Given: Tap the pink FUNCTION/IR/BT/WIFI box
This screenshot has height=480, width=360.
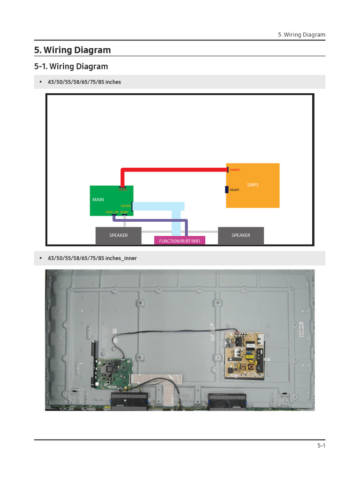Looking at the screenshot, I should pos(180,240).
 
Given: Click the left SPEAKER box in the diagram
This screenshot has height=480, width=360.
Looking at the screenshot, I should pos(118,235).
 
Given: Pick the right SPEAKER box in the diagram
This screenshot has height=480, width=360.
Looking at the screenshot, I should pos(240,235).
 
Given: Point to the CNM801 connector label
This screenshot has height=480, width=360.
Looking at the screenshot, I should pos(234,170).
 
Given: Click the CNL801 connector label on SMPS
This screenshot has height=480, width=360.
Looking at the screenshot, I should pos(234,190).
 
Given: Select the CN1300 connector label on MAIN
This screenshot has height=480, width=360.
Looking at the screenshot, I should pos(125,206).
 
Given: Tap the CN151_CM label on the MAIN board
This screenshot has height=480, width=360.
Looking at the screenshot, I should pos(112,212).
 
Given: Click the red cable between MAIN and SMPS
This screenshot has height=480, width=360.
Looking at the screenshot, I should pos(173,170).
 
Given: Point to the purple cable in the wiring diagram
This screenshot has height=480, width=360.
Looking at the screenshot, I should pos(155,220).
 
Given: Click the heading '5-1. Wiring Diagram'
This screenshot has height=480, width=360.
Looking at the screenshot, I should pos(71,66).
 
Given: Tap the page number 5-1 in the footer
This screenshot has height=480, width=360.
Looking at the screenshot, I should pos(321,446).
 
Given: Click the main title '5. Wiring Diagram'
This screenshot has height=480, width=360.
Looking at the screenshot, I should pos(73,50).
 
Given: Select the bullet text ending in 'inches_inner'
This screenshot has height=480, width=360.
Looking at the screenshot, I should pos(92,258).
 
